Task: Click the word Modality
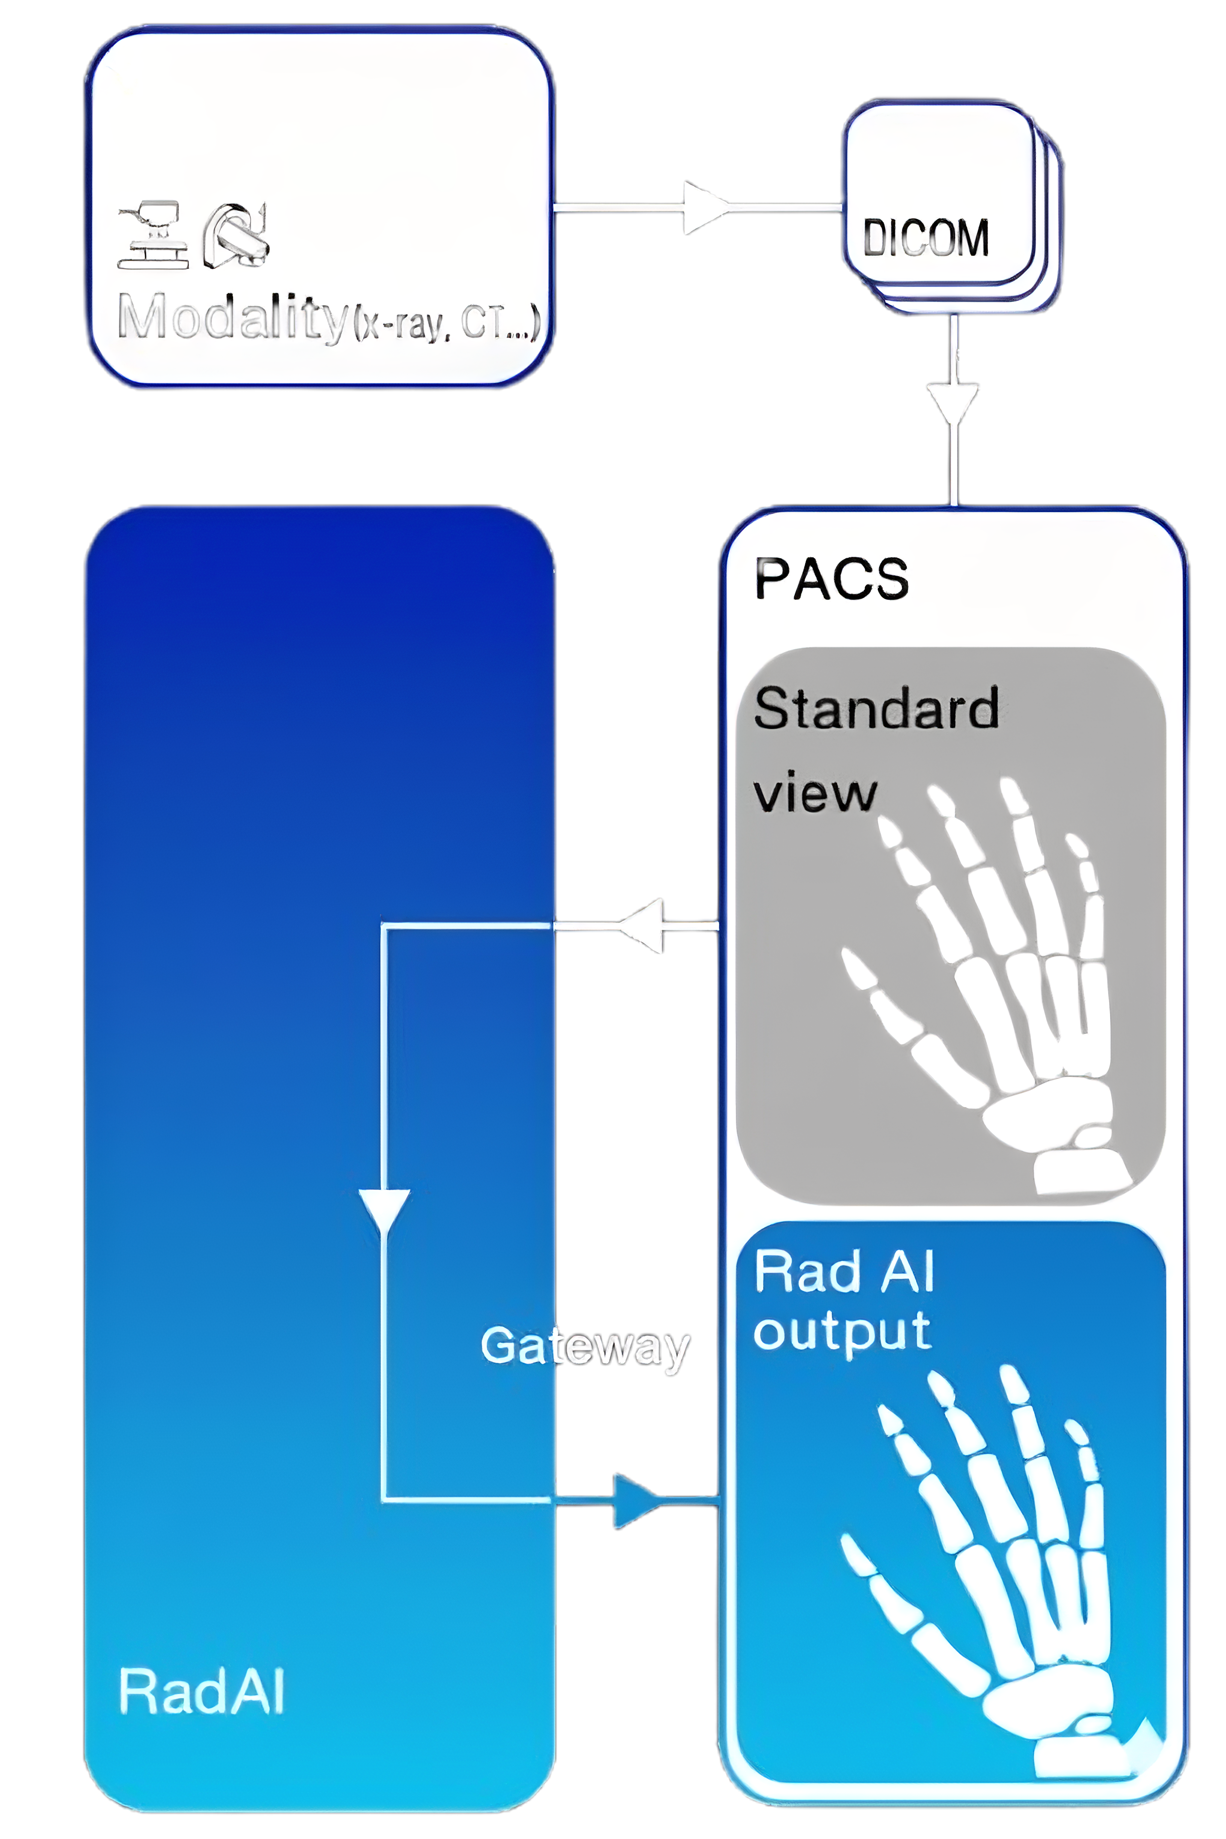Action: coord(231,317)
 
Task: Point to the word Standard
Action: coord(876,708)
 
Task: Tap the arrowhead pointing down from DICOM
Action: coord(954,403)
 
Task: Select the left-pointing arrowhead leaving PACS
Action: coord(643,926)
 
